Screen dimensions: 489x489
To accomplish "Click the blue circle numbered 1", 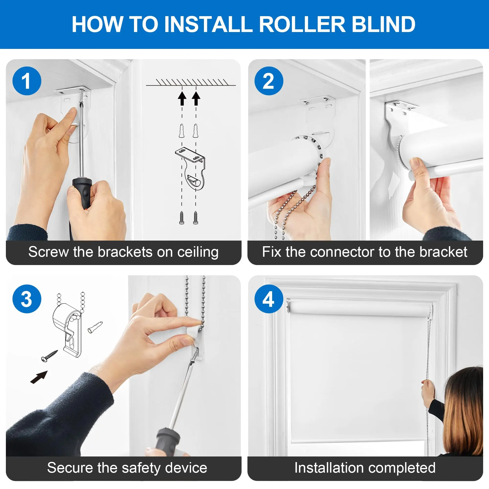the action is tap(27, 81).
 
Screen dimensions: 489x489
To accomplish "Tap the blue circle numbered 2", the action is tap(269, 81).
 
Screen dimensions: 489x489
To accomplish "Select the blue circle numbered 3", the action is tap(27, 299).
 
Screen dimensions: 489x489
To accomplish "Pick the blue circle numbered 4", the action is tap(269, 299).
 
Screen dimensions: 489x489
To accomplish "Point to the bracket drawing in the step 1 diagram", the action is tap(190, 168).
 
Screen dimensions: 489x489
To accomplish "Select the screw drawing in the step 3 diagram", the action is tap(50, 356).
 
